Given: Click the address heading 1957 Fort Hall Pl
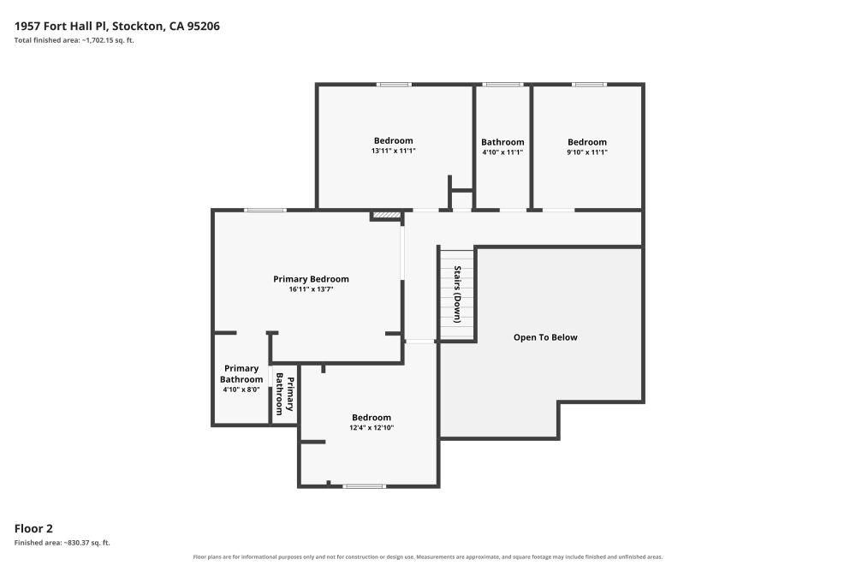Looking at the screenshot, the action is click(116, 27).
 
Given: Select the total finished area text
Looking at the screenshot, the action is click(74, 40).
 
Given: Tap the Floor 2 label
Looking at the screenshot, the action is click(33, 528).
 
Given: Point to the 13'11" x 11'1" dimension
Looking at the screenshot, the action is click(394, 151).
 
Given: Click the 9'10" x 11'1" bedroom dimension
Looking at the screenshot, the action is click(587, 152).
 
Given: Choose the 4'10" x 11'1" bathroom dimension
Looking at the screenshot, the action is click(502, 152).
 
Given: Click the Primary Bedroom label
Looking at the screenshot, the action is click(312, 279).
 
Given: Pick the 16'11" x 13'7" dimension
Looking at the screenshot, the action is click(312, 289).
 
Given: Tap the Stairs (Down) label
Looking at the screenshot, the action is click(457, 294).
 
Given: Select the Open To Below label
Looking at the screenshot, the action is click(545, 337).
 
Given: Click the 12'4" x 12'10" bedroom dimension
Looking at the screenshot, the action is click(372, 428).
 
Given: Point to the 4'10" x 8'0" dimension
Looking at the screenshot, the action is click(241, 390).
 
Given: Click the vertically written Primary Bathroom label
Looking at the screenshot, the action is click(284, 394).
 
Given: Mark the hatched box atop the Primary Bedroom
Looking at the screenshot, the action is click(387, 216).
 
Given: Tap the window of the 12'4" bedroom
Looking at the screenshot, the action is click(364, 486).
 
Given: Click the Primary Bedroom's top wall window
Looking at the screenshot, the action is click(265, 211).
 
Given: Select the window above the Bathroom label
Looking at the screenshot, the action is click(502, 85).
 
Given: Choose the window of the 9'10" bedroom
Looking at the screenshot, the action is click(589, 85).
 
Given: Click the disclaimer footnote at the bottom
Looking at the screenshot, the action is click(428, 557).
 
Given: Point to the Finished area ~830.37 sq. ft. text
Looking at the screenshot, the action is click(62, 543).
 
